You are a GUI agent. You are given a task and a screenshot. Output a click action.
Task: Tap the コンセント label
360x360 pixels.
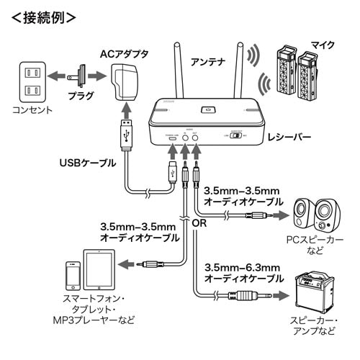(30, 111)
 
